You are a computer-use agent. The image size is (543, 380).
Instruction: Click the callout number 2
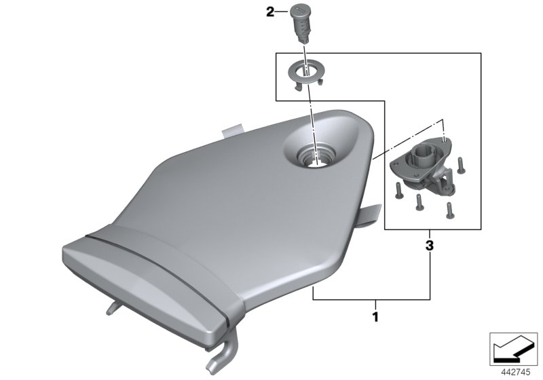point(270,12)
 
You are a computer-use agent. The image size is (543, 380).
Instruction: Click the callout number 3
point(430,246)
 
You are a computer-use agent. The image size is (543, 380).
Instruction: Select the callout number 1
point(375,316)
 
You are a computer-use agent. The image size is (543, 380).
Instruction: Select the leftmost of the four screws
point(398,191)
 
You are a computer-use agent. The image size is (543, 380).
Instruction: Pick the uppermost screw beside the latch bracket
point(461,166)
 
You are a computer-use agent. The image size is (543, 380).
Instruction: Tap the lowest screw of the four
point(449,210)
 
